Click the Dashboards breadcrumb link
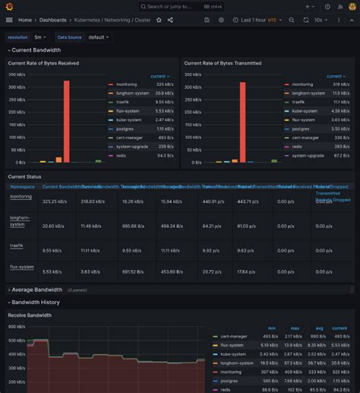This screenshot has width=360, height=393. [x=53, y=20]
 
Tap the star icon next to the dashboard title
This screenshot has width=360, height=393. [x=159, y=20]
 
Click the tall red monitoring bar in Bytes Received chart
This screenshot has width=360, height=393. [x=67, y=121]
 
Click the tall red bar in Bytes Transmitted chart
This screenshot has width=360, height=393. [x=242, y=122]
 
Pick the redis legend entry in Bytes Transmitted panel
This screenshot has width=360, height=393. [x=298, y=155]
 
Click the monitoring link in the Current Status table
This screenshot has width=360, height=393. [x=21, y=197]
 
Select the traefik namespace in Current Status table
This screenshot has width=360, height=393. [x=17, y=246]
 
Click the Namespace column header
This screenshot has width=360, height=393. [x=23, y=185]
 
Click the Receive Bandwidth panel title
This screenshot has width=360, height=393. [x=30, y=315]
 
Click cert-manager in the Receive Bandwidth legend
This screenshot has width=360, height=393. [x=235, y=336]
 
